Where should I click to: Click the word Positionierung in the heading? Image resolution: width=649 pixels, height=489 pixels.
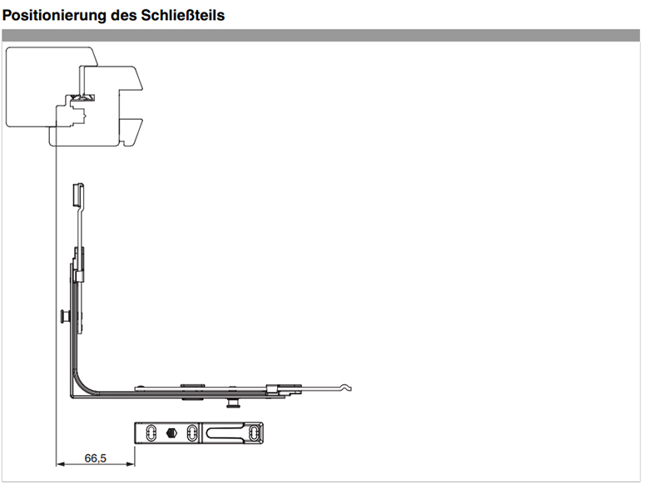point(54,15)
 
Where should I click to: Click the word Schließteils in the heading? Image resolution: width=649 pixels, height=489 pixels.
point(182,15)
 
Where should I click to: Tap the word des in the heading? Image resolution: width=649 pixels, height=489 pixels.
point(123,15)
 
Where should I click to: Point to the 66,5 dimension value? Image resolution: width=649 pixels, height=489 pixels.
point(95,458)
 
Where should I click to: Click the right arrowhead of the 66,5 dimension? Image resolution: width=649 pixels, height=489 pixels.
point(131,464)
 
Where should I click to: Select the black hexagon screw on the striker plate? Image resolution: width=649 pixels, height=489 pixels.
point(171,433)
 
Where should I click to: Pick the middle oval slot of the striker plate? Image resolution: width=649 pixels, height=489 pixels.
point(191,433)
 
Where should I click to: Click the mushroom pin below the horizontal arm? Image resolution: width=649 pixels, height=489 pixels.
point(234,403)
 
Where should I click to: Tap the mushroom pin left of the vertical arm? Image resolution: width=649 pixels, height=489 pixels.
point(65,317)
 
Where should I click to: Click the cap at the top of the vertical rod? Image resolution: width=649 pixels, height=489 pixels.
point(78,195)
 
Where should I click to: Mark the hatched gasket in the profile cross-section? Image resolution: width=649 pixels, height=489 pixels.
point(82,97)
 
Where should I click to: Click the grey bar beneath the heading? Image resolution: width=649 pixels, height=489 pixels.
point(321,35)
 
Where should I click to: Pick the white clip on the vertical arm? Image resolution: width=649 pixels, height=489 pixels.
point(79,276)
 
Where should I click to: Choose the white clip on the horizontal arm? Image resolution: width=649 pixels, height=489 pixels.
point(271,389)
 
